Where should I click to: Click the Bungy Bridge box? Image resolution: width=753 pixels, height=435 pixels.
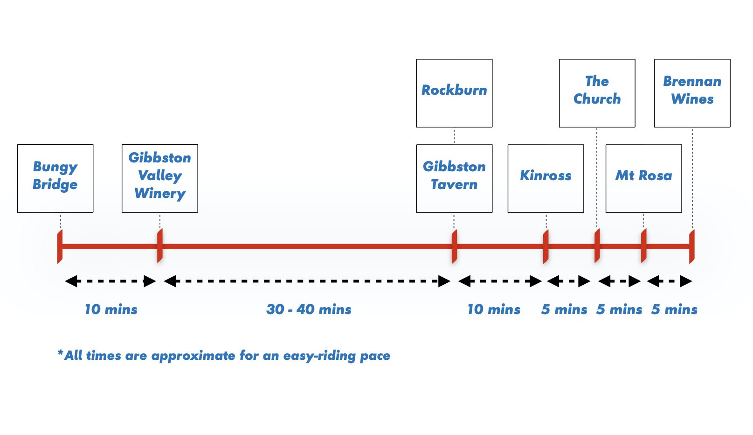click(55, 178)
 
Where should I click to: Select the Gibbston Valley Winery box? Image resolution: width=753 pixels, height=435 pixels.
click(159, 178)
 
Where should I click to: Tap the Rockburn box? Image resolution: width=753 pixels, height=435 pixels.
click(454, 93)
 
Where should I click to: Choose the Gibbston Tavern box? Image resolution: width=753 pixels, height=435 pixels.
click(454, 178)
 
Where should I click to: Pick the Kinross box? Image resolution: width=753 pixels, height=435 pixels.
click(546, 178)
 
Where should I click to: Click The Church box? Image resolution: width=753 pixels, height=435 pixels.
click(597, 93)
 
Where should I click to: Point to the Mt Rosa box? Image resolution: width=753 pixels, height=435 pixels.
click(643, 178)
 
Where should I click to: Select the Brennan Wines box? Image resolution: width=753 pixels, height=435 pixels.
click(692, 93)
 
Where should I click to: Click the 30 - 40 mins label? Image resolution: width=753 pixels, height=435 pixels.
click(309, 309)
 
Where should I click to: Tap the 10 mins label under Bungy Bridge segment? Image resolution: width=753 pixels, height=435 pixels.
click(111, 309)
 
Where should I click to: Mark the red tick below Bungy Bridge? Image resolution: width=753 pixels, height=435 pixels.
click(60, 246)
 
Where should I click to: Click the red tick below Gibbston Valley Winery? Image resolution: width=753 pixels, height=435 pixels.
click(160, 246)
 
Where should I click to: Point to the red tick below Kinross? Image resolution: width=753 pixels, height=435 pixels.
click(546, 246)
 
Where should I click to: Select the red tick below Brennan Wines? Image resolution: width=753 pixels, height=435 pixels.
click(692, 246)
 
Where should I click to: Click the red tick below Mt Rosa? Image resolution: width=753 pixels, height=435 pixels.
click(644, 246)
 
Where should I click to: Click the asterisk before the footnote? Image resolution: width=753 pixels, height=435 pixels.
click(61, 352)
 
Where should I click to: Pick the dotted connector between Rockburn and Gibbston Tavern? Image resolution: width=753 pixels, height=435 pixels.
click(454, 136)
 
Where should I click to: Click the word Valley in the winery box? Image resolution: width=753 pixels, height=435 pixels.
click(160, 175)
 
